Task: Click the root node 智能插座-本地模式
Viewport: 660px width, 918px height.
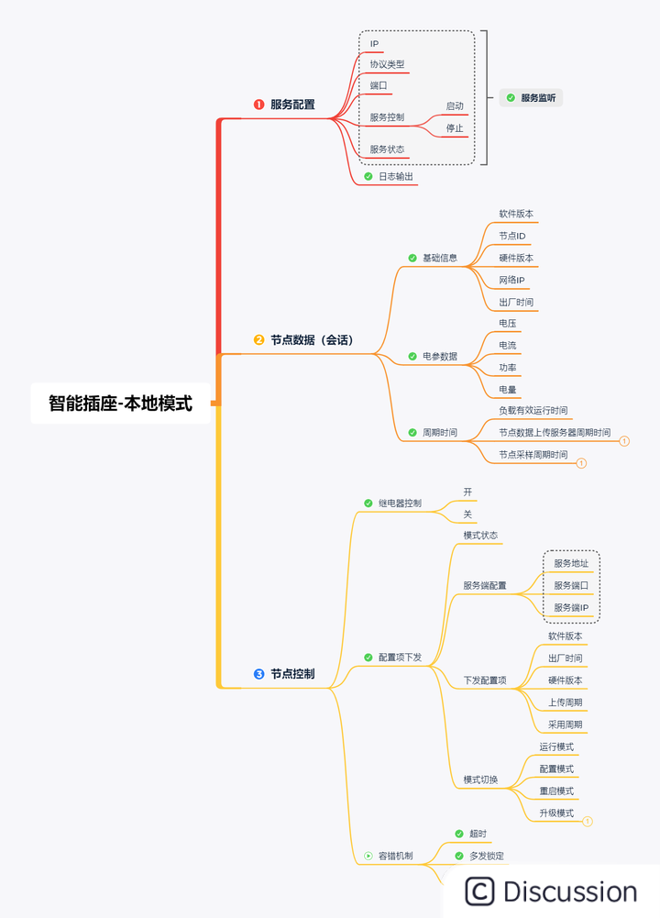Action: [120, 403]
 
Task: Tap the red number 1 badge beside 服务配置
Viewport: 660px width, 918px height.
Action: [258, 105]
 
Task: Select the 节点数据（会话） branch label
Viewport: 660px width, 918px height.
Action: [311, 340]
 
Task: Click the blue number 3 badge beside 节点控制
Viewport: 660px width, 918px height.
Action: [258, 674]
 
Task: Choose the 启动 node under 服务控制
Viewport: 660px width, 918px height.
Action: [455, 106]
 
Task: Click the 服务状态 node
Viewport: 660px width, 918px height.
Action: [387, 149]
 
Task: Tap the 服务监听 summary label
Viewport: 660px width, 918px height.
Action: [538, 97]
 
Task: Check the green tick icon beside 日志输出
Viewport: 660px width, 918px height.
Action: [368, 176]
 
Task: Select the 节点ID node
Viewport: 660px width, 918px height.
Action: [511, 236]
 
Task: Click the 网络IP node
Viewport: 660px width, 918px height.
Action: [511, 280]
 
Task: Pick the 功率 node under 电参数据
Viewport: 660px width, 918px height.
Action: [507, 368]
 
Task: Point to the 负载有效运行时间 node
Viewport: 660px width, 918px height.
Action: [533, 410]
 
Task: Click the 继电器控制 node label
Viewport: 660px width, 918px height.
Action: [400, 503]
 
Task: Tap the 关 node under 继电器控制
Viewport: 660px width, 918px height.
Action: [467, 514]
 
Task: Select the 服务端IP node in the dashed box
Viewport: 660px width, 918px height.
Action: [571, 607]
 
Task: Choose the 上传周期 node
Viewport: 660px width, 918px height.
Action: [565, 702]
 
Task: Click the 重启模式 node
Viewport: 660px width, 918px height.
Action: [556, 791]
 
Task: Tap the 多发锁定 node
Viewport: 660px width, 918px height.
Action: [486, 856]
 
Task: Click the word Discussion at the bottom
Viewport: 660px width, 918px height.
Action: [569, 891]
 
